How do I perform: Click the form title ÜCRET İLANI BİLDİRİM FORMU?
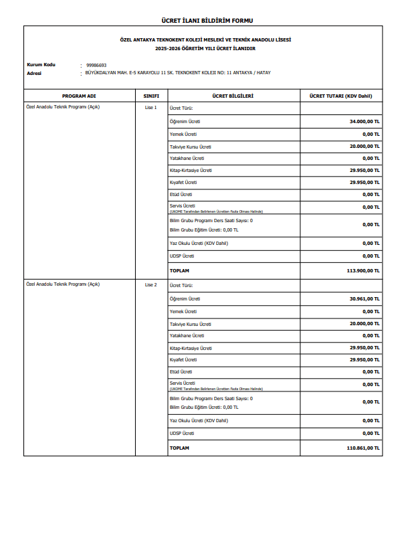coord(207,21)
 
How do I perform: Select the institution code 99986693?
coord(96,66)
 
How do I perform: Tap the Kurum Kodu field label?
coord(41,65)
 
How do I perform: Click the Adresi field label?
coord(34,72)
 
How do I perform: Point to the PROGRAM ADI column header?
coord(79,96)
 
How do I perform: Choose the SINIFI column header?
coord(151,96)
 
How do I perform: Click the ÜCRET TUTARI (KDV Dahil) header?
coord(340,96)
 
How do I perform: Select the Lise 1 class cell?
coord(150,107)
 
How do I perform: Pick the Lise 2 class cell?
coord(150,284)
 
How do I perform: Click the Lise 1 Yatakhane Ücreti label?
coord(187,158)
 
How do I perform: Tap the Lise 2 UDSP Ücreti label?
coord(182,433)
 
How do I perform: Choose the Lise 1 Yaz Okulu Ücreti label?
coord(199,243)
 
